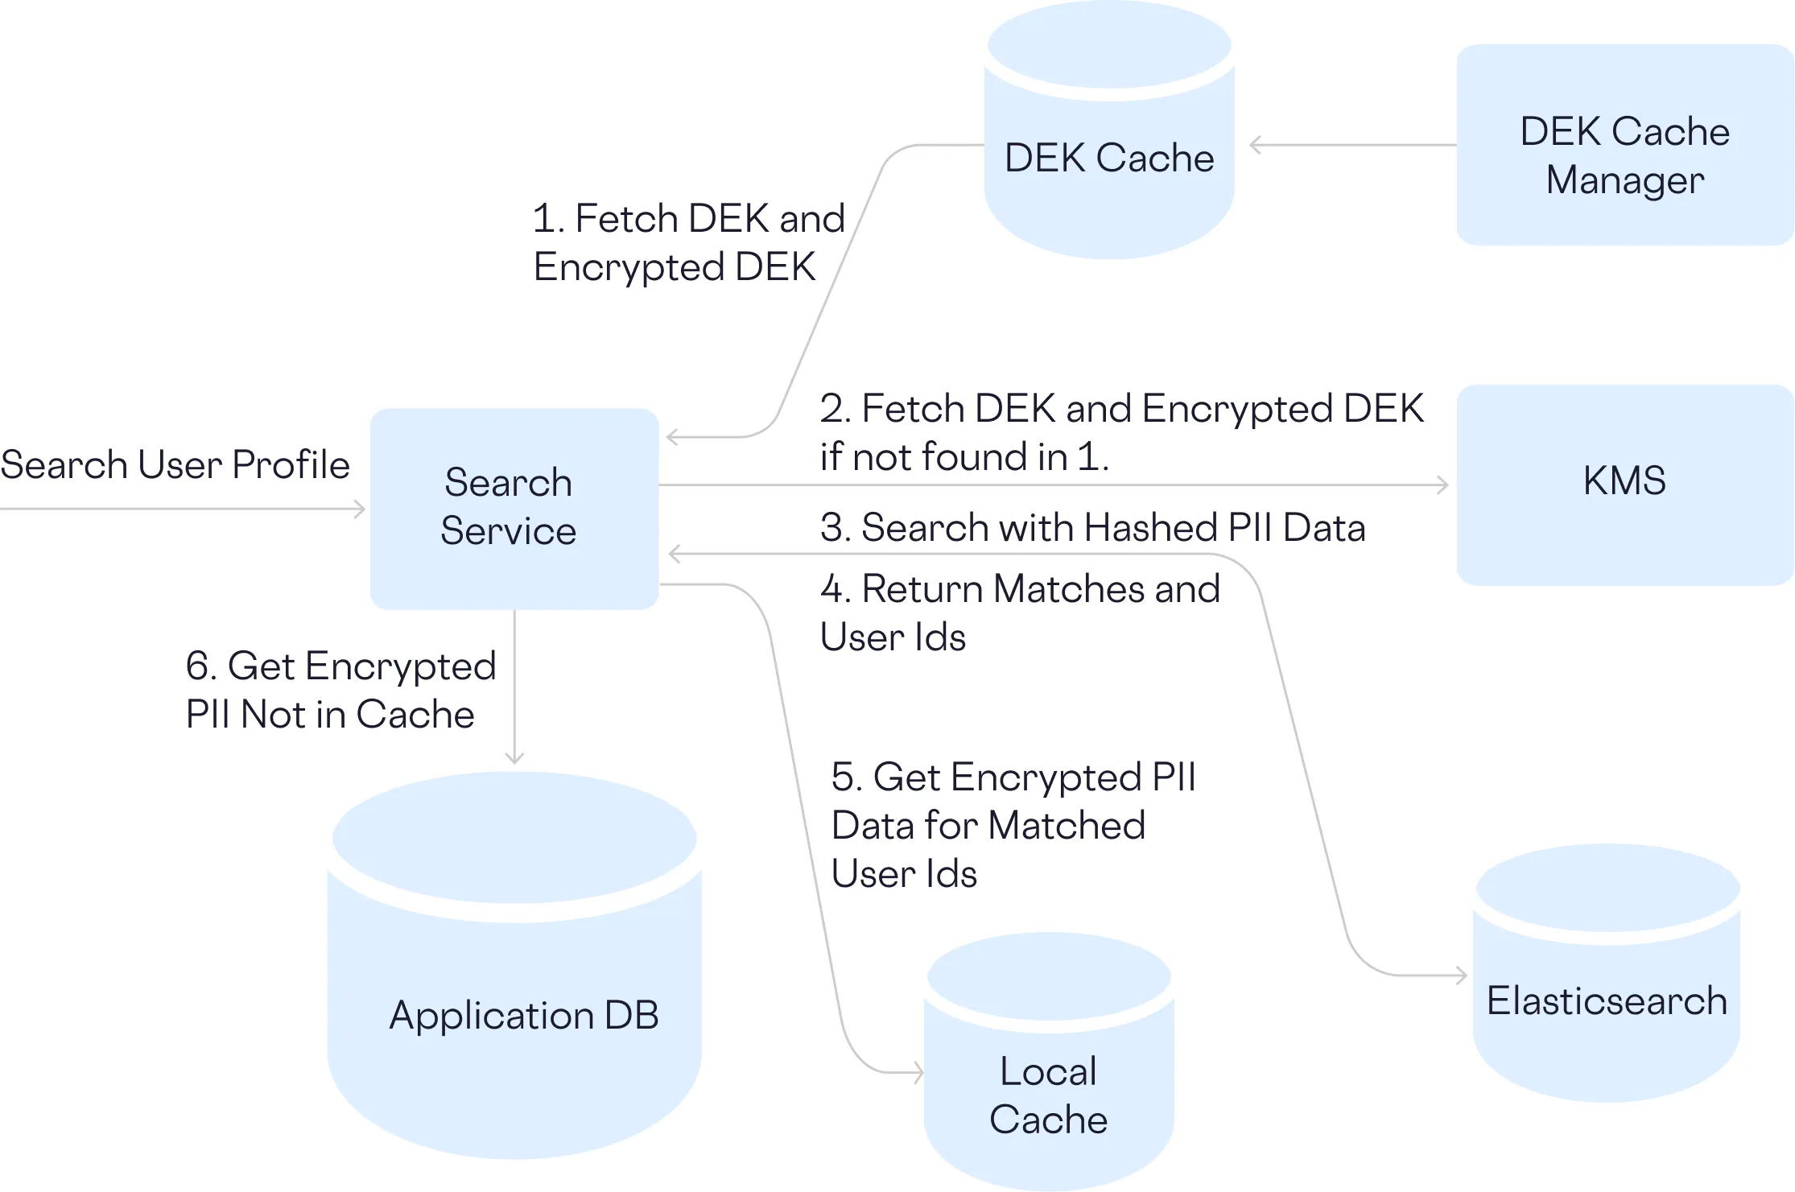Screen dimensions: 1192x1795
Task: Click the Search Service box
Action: (514, 508)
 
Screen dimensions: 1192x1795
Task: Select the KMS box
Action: (1624, 484)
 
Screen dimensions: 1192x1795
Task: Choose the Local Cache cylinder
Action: (1049, 1087)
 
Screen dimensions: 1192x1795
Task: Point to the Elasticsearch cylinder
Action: (1607, 998)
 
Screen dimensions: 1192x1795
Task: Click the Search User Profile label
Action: (175, 465)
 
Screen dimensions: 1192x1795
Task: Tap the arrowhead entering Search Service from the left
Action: (360, 509)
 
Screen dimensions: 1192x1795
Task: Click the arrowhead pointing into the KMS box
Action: (1443, 485)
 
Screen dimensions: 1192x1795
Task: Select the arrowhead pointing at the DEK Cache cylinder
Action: (1255, 145)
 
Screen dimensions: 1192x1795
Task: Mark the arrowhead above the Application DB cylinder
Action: (514, 758)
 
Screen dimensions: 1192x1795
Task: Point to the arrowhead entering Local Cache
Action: (918, 1072)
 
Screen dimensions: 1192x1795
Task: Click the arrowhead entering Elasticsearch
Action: (1462, 975)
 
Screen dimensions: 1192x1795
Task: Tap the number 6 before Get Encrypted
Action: (198, 666)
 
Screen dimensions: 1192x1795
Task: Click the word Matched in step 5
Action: (1067, 826)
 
